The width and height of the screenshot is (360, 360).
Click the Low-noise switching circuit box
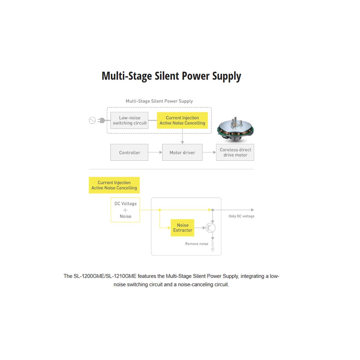click(x=129, y=120)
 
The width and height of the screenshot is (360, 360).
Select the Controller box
click(x=129, y=152)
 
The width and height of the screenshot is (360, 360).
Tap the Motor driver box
click(x=182, y=152)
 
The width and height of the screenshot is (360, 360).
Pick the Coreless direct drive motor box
click(x=235, y=152)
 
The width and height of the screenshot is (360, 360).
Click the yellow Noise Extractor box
click(x=182, y=228)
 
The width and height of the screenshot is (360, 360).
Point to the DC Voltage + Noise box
click(x=125, y=210)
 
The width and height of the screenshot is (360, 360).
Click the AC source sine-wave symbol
click(x=92, y=120)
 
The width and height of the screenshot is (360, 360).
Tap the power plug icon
click(x=102, y=120)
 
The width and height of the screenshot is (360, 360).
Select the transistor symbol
click(x=211, y=228)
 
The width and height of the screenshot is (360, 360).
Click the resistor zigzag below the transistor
click(x=213, y=244)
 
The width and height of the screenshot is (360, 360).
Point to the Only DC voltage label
click(x=241, y=216)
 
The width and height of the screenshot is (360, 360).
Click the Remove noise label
click(x=196, y=244)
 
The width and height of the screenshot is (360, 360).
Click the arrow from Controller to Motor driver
click(x=155, y=152)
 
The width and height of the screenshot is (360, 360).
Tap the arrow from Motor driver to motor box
click(x=209, y=152)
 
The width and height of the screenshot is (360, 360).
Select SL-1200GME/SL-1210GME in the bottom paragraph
click(x=105, y=276)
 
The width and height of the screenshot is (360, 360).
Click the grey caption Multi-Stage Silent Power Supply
click(x=159, y=101)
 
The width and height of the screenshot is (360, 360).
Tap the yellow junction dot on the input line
click(x=160, y=210)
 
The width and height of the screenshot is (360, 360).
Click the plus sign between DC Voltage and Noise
click(x=125, y=210)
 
